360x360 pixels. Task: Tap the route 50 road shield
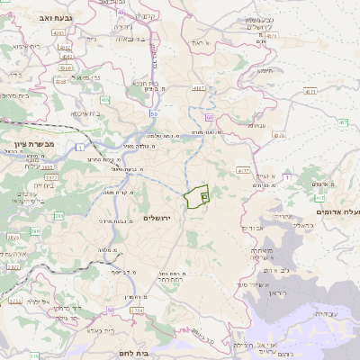[x=155, y=114]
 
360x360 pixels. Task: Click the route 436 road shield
[x=104, y=101]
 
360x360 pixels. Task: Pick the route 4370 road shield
[x=280, y=135]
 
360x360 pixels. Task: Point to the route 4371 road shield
[x=310, y=91]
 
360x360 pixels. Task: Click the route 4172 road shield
[x=242, y=169]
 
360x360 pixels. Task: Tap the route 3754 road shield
[x=136, y=310]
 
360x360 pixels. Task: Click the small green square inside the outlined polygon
[x=204, y=195]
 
